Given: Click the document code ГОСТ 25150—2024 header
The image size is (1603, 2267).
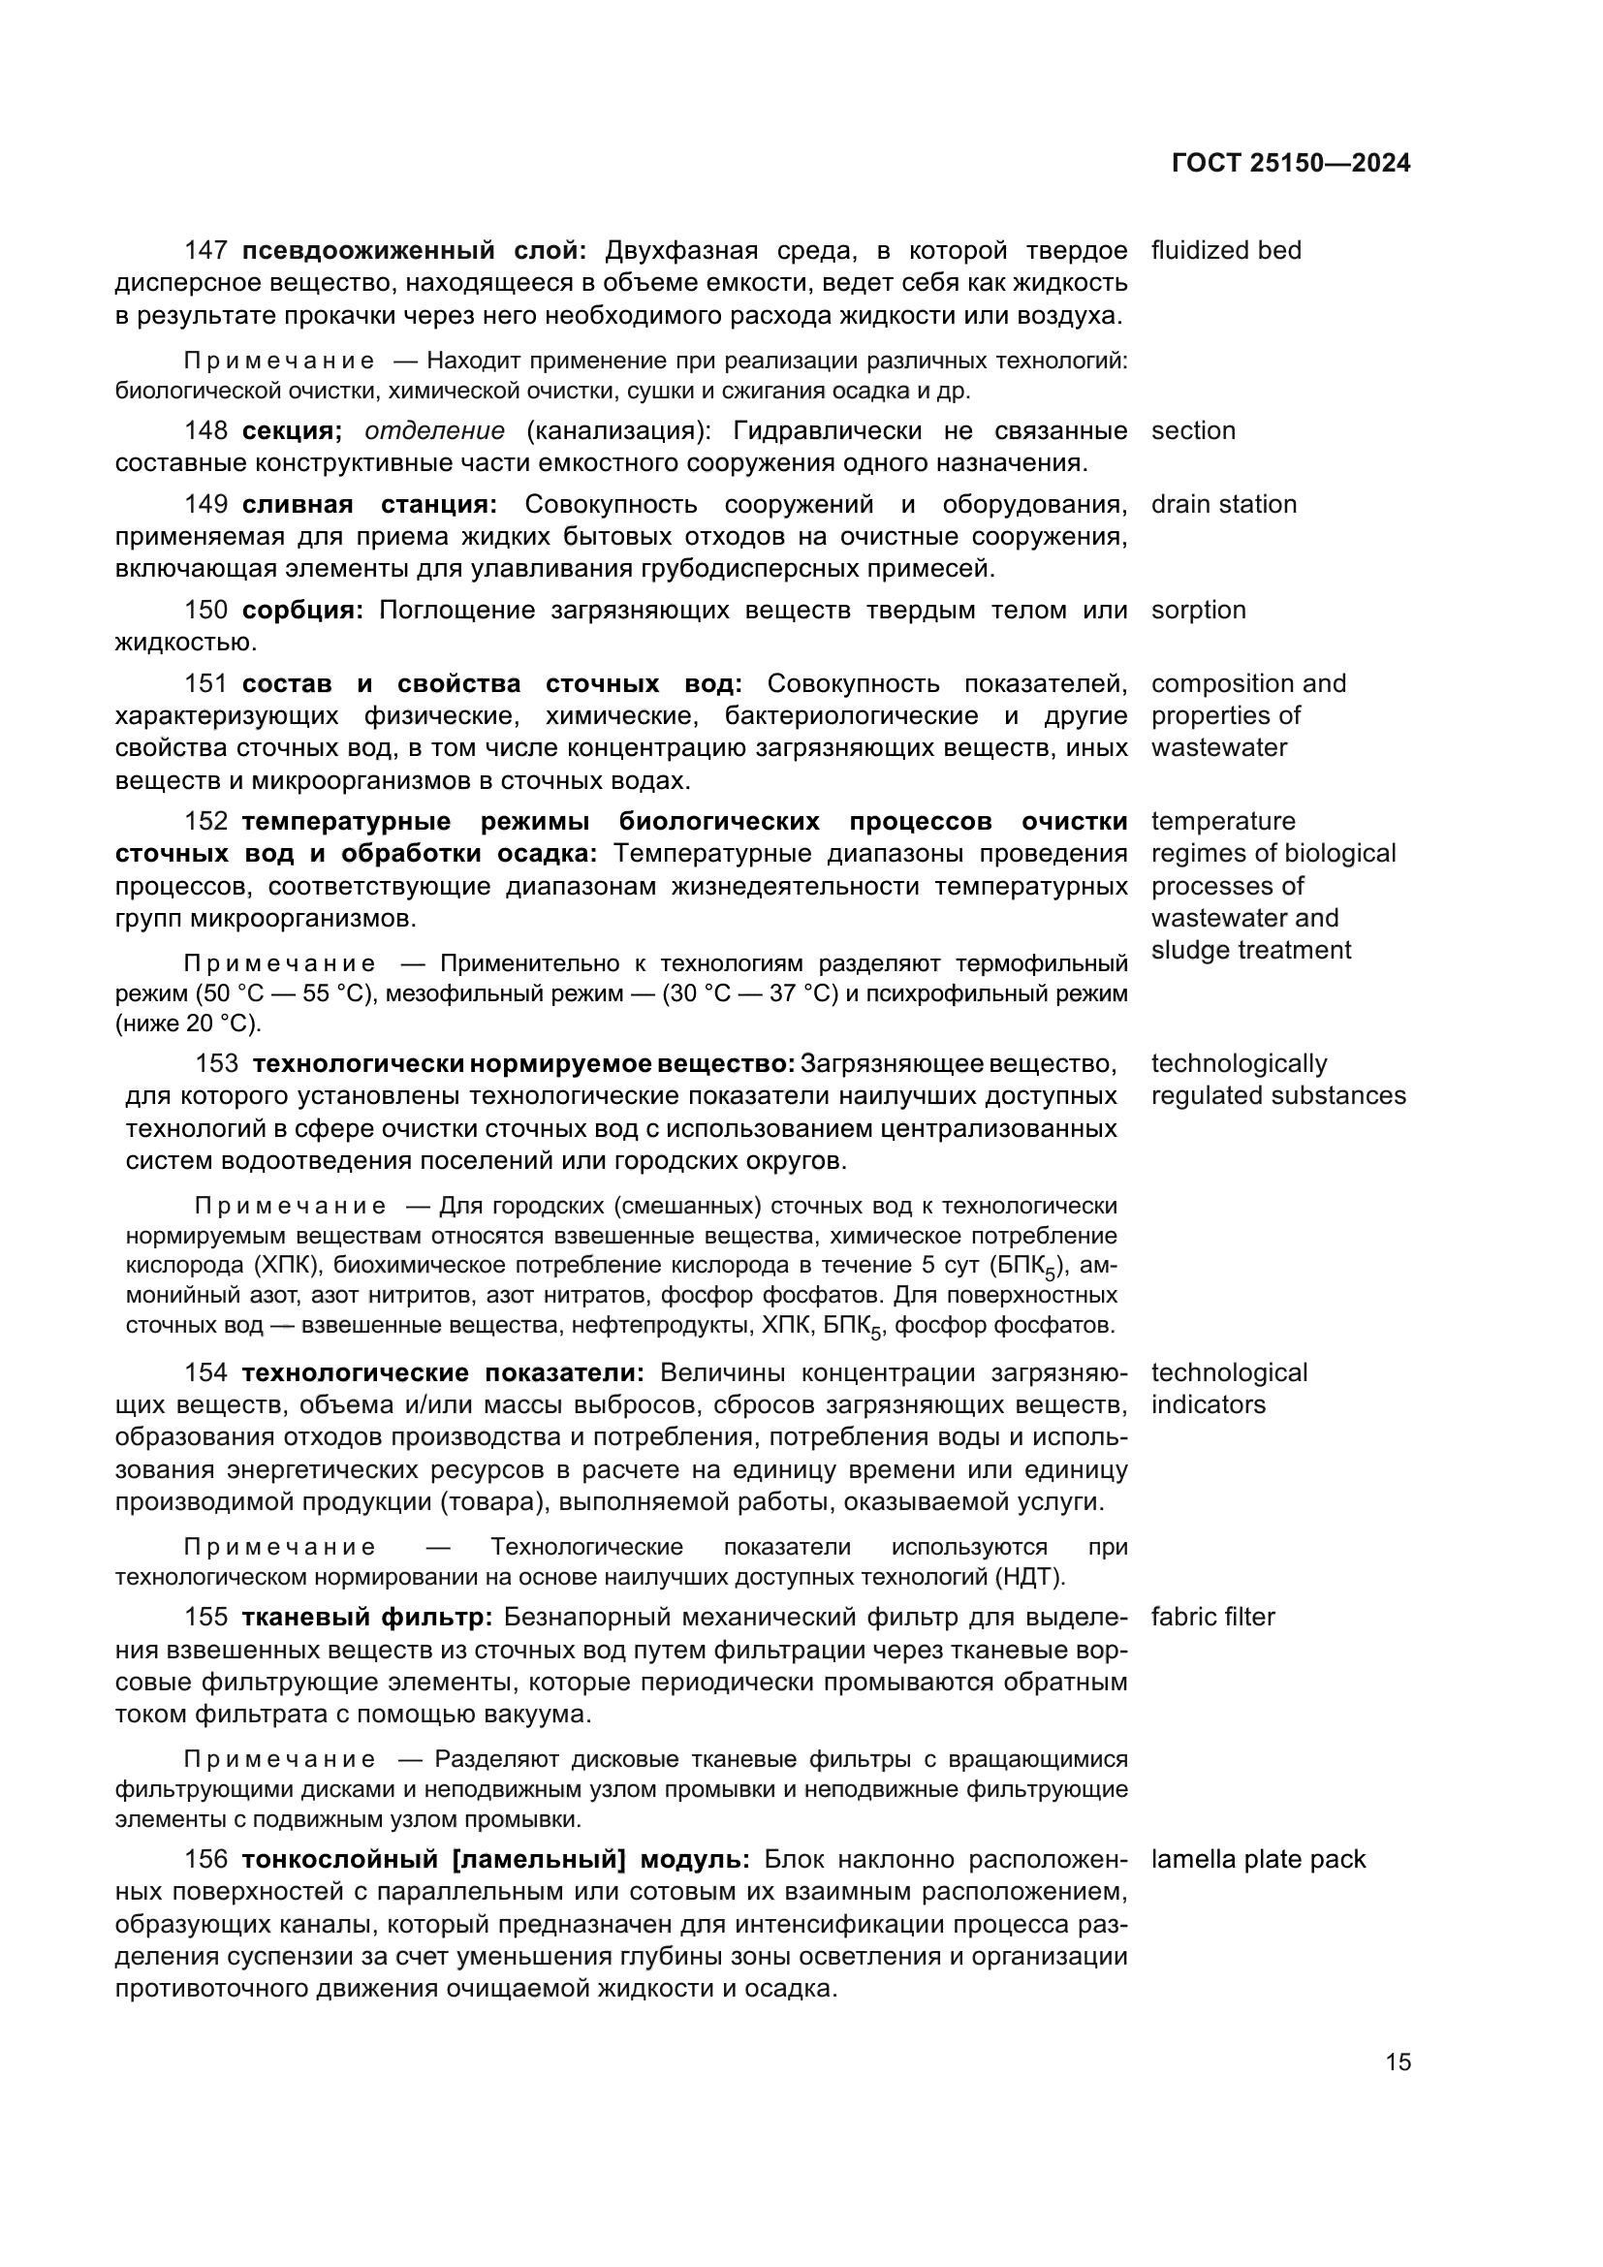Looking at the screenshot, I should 1291,164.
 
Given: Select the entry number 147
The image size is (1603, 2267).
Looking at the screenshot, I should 206,251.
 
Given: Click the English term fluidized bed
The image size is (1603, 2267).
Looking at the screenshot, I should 1226,251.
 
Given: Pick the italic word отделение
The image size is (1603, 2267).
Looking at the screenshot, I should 434,431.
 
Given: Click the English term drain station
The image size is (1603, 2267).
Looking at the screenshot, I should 1223,505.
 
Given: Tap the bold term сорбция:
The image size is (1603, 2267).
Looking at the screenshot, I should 303,611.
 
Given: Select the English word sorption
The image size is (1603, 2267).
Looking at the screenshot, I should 1198,611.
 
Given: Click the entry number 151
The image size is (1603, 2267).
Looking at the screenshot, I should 206,684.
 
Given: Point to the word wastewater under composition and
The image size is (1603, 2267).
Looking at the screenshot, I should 1219,747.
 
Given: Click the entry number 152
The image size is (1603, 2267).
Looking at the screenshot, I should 206,822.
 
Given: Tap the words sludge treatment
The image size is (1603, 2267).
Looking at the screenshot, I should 1250,951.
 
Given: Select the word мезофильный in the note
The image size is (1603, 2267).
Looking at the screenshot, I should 445,994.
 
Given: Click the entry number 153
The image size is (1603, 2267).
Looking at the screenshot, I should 217,1064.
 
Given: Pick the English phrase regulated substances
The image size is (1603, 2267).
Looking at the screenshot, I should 1278,1096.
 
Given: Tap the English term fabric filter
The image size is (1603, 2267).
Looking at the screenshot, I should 1212,1618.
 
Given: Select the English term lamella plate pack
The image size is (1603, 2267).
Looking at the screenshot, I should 1258,1860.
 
